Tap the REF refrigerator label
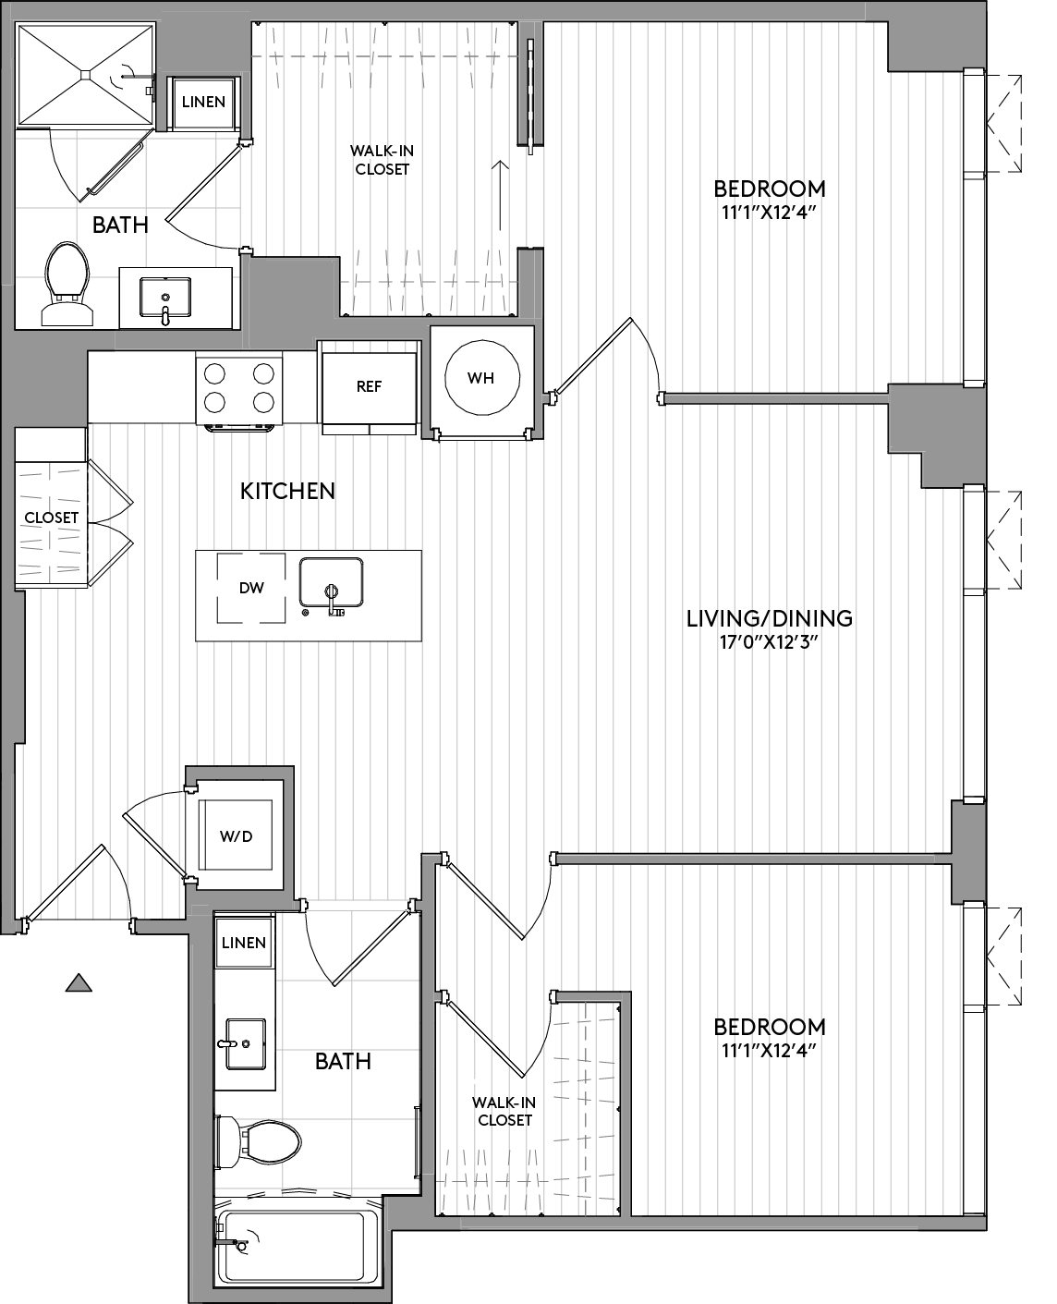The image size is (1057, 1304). click(369, 386)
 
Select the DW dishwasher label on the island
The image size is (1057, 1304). click(251, 588)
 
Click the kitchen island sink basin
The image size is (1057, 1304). click(331, 581)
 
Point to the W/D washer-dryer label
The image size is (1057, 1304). click(237, 836)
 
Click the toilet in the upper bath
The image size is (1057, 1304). click(67, 284)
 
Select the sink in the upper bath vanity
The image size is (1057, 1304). click(165, 298)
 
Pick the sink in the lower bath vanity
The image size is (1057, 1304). click(246, 1043)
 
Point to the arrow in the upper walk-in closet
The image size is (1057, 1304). click(501, 195)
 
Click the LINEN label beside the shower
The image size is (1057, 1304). click(203, 102)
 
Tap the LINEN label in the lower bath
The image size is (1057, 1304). click(244, 943)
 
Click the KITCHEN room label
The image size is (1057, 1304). click(287, 491)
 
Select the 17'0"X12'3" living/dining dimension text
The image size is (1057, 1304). click(770, 642)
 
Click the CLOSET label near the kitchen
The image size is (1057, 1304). click(52, 518)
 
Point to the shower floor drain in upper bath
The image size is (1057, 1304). click(86, 75)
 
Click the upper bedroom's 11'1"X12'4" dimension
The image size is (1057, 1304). click(770, 213)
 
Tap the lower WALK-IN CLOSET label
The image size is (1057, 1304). click(504, 1111)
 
